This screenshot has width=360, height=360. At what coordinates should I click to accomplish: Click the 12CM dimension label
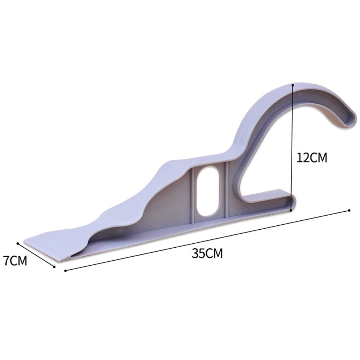311,158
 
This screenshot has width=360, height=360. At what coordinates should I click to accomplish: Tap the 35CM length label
207,253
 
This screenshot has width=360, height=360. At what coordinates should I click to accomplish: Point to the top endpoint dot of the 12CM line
293,85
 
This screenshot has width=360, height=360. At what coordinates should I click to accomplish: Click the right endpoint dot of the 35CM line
349,210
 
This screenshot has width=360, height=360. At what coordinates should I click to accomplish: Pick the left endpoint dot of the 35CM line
65,270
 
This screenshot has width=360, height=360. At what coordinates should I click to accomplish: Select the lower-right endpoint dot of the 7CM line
54,267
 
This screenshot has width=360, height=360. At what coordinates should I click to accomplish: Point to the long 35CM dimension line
207,240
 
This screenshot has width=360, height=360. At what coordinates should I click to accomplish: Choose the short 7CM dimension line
36,254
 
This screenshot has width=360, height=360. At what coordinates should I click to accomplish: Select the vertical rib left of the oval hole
194,194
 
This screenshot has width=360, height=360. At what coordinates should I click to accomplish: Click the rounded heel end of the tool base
292,202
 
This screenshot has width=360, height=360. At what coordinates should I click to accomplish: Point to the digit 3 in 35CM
195,253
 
